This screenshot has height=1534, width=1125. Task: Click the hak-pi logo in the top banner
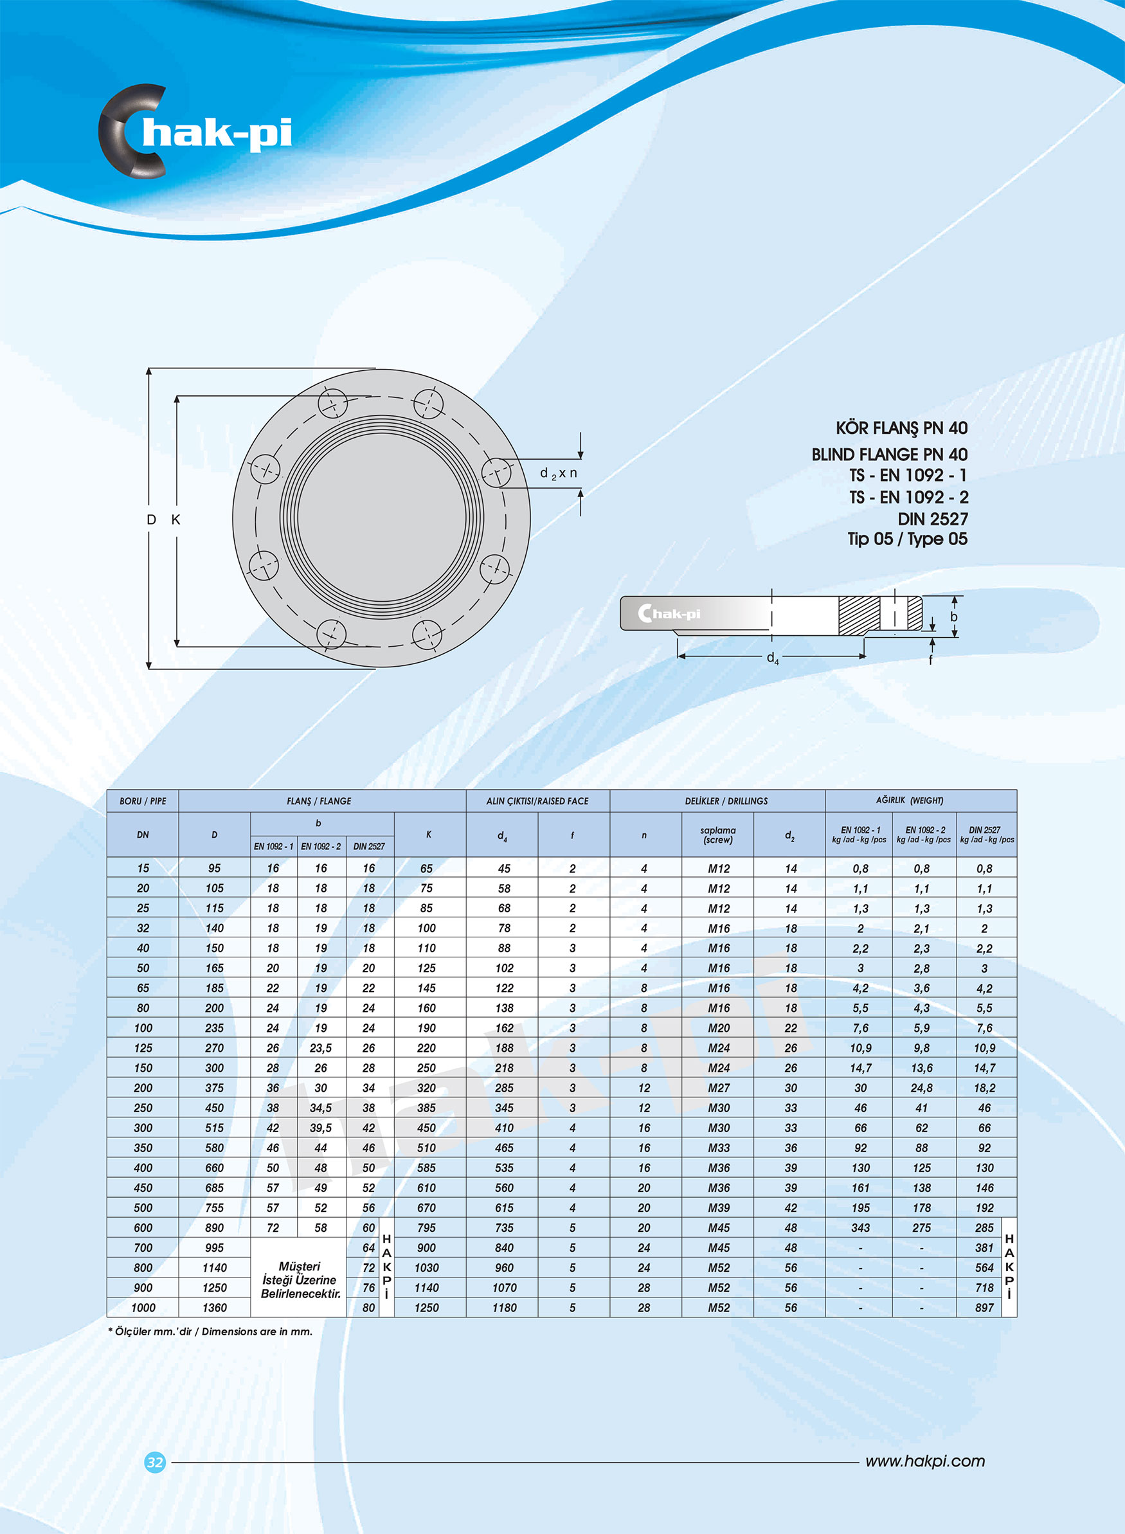coord(196,132)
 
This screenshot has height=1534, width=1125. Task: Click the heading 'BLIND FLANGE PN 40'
coord(888,454)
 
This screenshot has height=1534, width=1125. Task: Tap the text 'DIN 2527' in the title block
coord(932,519)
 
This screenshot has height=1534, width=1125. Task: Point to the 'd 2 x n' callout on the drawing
coord(559,473)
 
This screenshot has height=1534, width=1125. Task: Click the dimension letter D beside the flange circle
coord(151,519)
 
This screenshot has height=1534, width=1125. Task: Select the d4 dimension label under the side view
coord(772,658)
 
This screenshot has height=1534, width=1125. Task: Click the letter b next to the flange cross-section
coord(953,616)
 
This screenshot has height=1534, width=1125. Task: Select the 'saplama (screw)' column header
coord(718,835)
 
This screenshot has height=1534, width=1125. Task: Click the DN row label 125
coord(143,1048)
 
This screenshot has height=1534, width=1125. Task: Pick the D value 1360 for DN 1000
coord(215,1307)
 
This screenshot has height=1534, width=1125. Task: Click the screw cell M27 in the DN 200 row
coord(719,1088)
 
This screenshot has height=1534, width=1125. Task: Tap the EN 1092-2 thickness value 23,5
coord(321,1048)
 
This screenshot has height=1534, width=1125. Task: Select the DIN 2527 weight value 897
coord(984,1307)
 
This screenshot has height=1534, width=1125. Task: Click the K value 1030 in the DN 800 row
coord(426,1268)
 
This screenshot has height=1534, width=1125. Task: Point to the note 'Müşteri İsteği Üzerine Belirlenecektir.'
coord(300,1279)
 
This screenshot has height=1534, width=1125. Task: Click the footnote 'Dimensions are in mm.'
coord(256,1331)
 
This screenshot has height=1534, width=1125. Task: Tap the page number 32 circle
coord(156,1462)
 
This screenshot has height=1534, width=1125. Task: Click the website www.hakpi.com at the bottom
coord(924,1461)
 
